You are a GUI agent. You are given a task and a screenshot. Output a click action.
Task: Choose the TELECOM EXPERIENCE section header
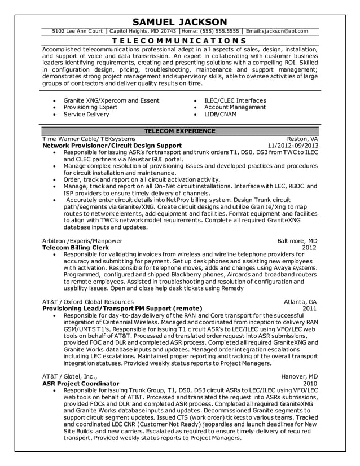pyautogui.click(x=179, y=131)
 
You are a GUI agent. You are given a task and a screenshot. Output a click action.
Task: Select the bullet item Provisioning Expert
pyautogui.click(x=90, y=107)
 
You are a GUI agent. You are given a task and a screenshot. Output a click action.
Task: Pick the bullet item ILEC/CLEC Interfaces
pyautogui.click(x=235, y=100)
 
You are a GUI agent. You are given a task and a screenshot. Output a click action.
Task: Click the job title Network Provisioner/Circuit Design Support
pyautogui.click(x=112, y=145)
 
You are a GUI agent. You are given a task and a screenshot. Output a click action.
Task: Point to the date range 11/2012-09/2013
pyautogui.click(x=292, y=145)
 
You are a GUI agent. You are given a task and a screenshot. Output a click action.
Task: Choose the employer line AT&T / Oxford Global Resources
pyautogui.click(x=88, y=301)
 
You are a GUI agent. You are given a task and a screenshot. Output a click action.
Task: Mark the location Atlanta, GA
pyautogui.click(x=301, y=301)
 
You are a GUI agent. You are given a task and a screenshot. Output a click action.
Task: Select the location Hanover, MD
pyautogui.click(x=299, y=376)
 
